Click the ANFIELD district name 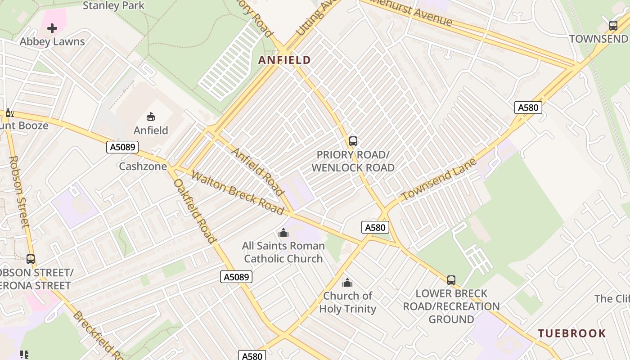coord(284,60)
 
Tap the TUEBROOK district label coord(572,333)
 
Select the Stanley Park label coord(114,6)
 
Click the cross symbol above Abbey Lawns coord(52,28)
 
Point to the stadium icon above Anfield coord(151,117)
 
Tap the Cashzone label coord(143,166)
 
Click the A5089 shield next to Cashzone coord(122,147)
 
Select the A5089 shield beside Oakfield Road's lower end coord(236,277)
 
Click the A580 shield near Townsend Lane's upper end coord(528,108)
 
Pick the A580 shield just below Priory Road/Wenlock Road coord(375,227)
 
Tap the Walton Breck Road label coord(237,193)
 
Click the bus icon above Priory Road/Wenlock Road coord(353,141)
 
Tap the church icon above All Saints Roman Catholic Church coord(283,233)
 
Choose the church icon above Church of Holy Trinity coord(347,283)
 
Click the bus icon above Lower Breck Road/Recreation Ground coord(451,280)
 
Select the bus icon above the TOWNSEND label coord(613,26)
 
